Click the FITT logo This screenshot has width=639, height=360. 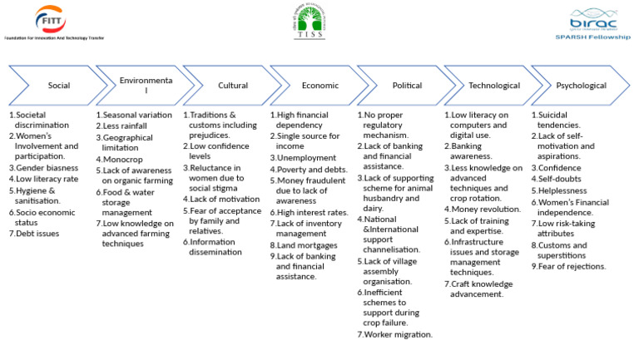(x=50, y=18)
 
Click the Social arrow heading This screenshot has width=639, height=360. (x=58, y=86)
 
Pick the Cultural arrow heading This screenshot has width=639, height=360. (x=233, y=86)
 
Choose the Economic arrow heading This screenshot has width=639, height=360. (x=320, y=86)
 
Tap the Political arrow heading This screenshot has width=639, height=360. (x=407, y=86)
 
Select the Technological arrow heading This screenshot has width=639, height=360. (x=494, y=86)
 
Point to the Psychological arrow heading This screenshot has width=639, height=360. (x=582, y=86)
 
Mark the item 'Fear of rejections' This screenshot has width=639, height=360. (x=572, y=266)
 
